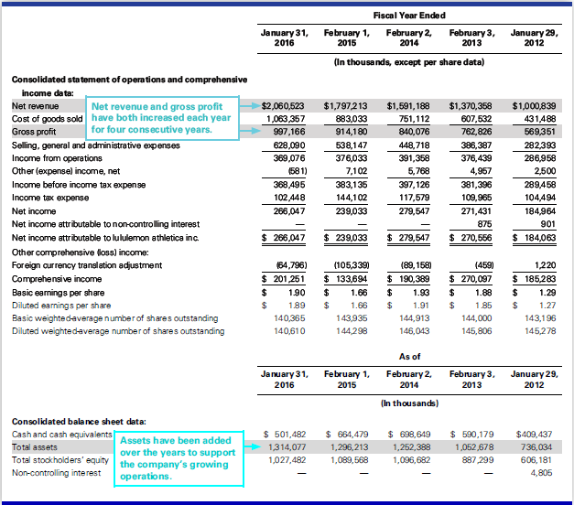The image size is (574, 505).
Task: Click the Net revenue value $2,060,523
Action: tap(286, 106)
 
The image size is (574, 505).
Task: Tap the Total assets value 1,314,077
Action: tap(287, 446)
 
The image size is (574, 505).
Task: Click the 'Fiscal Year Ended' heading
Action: tap(409, 16)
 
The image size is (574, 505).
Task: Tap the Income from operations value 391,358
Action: tap(412, 156)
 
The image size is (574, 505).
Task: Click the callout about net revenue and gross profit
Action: tap(163, 117)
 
